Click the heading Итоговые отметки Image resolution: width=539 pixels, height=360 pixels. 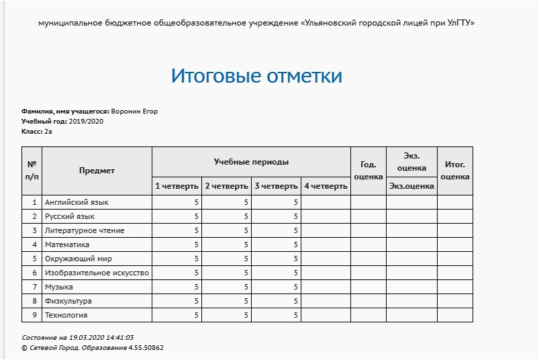(x=256, y=76)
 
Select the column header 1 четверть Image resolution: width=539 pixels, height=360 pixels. (x=177, y=186)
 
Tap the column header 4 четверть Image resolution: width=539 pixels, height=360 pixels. (x=326, y=186)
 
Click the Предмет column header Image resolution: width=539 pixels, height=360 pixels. (x=97, y=171)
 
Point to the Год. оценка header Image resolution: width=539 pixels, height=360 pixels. (x=368, y=171)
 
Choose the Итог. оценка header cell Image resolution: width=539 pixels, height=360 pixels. (x=454, y=171)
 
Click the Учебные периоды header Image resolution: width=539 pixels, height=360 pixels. (x=251, y=162)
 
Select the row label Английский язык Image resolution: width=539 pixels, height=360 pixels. (x=77, y=202)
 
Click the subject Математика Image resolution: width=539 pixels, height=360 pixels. (x=67, y=244)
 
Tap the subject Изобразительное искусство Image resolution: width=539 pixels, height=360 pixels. (x=97, y=273)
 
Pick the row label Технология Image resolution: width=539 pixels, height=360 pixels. (x=66, y=315)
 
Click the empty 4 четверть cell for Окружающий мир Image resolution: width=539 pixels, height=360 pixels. (x=326, y=259)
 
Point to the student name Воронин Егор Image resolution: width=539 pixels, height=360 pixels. (x=134, y=111)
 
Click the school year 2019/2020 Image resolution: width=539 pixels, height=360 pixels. (x=86, y=122)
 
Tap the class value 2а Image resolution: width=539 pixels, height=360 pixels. (x=48, y=132)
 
